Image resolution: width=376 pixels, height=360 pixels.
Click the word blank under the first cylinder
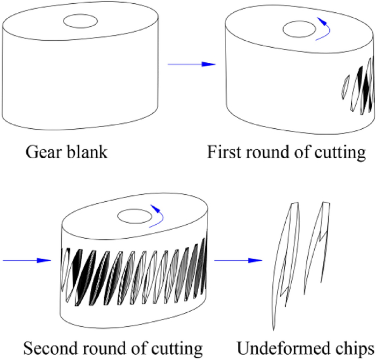(87, 152)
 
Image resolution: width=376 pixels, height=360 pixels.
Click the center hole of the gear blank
(81, 21)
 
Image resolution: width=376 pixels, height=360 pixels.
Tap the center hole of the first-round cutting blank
(299, 29)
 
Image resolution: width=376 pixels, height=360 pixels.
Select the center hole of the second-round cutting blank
(134, 216)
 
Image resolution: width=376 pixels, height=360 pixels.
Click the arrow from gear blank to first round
(192, 64)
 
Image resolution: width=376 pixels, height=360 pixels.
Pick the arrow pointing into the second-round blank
(27, 260)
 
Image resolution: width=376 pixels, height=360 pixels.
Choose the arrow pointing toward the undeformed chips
(238, 260)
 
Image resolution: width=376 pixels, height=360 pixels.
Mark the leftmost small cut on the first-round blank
(345, 87)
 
